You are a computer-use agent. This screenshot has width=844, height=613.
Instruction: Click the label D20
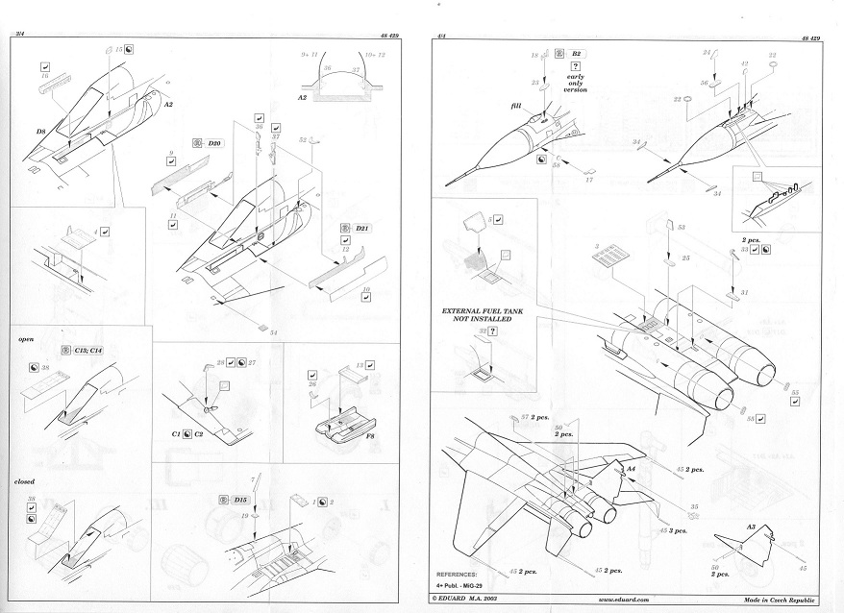point(215,143)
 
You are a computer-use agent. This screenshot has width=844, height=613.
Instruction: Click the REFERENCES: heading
point(464,572)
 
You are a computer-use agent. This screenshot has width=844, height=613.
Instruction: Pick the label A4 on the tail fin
point(632,469)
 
